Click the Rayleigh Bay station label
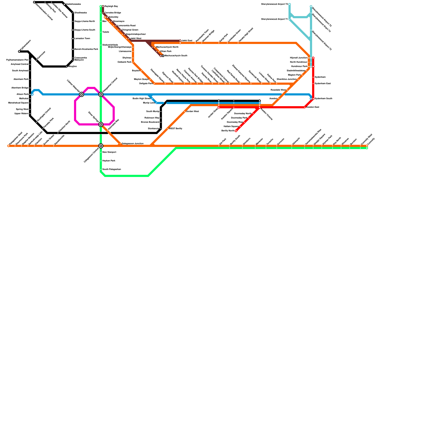(x=111, y=6)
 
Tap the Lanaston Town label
(x=82, y=39)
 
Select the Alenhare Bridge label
(x=20, y=88)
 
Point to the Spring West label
(x=22, y=109)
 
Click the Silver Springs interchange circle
(x=101, y=124)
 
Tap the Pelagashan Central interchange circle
(x=101, y=94)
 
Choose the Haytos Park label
(x=109, y=161)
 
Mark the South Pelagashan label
(x=112, y=169)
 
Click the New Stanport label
(x=109, y=152)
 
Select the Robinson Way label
(x=152, y=118)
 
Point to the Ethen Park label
(x=166, y=51)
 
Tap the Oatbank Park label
(x=124, y=62)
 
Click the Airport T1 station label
(x=274, y=19)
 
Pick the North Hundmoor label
(x=298, y=62)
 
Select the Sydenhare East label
(x=323, y=84)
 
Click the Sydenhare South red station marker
(x=313, y=99)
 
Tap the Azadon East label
(x=313, y=107)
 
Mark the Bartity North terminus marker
(x=236, y=131)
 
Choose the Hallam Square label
(x=231, y=127)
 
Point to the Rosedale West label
(x=278, y=90)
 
